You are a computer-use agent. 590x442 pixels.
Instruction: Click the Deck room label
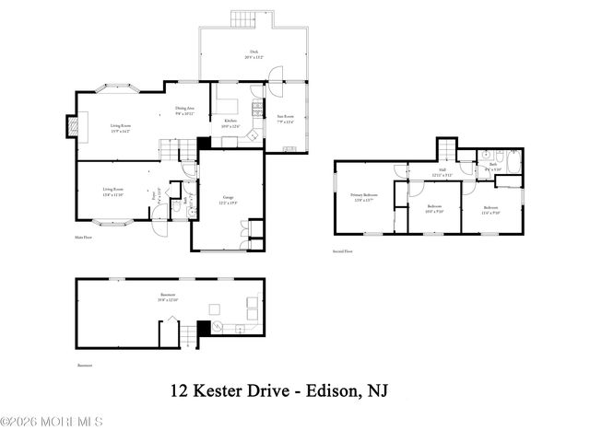coord(254,54)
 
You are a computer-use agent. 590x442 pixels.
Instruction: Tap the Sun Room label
coord(286,118)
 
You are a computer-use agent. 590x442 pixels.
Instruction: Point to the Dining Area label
coord(185,110)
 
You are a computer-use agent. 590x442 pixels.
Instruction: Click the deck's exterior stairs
coord(242,17)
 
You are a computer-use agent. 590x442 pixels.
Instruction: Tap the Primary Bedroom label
coord(363,197)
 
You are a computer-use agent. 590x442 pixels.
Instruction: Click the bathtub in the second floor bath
coord(514,162)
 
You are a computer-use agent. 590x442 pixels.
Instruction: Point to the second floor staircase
coord(445,148)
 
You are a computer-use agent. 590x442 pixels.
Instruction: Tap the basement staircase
coord(190,333)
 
